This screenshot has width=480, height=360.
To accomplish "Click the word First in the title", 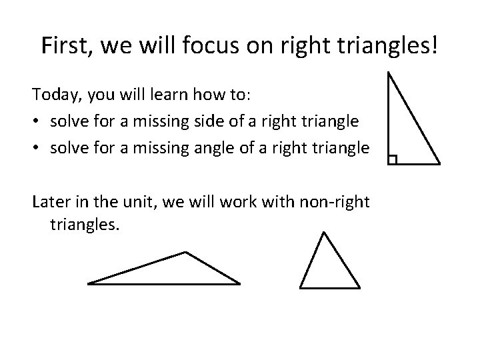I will coord(63,45).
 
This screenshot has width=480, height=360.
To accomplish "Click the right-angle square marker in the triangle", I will coord(392,159).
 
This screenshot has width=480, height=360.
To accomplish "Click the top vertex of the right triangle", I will coord(388,73).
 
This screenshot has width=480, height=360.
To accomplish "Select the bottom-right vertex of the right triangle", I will coord(439,163).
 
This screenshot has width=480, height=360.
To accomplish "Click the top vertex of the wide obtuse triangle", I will coord(185,253).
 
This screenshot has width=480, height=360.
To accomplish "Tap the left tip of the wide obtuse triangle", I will coord(89,283).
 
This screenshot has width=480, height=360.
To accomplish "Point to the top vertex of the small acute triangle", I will coord(323,232).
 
